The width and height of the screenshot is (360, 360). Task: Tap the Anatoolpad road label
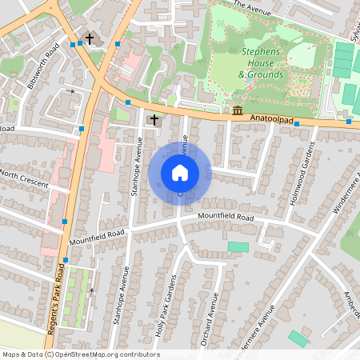click(x=273, y=119)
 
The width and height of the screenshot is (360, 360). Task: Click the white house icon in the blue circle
click(x=180, y=173)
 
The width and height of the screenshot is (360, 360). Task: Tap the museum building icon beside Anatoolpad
click(x=238, y=110)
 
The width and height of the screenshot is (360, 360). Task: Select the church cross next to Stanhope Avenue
click(x=154, y=119)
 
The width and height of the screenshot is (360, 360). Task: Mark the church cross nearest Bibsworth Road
click(x=90, y=38)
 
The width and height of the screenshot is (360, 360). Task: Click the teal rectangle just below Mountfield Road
click(x=238, y=246)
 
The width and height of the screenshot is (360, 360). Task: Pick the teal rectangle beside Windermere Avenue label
click(x=298, y=338)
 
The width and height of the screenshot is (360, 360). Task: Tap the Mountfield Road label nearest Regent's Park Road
click(x=97, y=235)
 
